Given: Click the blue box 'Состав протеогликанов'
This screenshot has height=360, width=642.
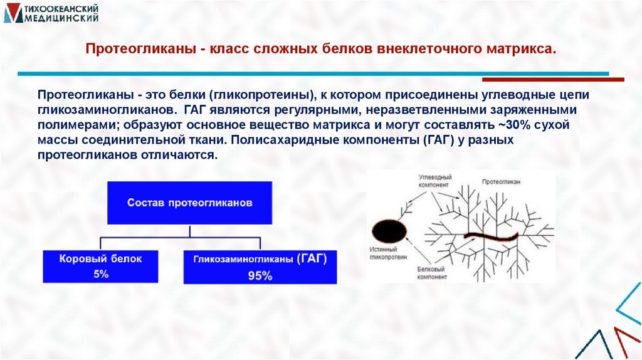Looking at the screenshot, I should pos(189,203).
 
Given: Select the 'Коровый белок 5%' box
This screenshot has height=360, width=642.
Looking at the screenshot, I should pos(100,265).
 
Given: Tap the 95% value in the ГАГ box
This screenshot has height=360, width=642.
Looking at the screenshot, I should pos(259,275).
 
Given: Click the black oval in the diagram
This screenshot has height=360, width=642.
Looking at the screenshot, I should pos(387,232).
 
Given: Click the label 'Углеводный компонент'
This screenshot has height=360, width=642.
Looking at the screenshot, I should pos(434,182).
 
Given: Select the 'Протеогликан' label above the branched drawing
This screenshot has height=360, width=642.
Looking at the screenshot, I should pos(501,181).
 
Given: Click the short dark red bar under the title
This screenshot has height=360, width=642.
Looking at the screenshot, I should pos(552,80).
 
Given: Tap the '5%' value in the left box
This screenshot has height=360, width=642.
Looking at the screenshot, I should pos(100,273).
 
